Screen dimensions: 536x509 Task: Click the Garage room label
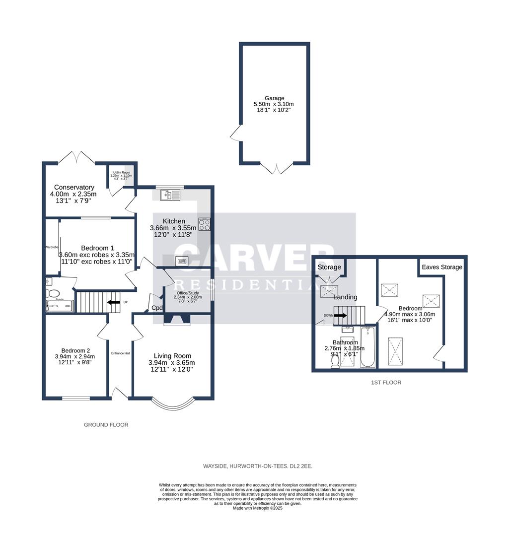click(x=274, y=98)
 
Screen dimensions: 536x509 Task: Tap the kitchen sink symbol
click(x=169, y=195)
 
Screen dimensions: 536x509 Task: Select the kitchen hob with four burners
click(x=205, y=224)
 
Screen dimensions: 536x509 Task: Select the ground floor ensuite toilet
click(x=53, y=293)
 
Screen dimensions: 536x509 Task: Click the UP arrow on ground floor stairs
click(x=114, y=302)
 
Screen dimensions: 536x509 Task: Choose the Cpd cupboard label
click(x=157, y=308)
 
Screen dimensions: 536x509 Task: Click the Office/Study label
click(x=188, y=293)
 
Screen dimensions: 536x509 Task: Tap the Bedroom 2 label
click(x=76, y=349)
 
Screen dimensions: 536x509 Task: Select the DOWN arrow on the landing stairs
click(x=341, y=315)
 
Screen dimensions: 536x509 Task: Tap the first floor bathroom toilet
click(x=335, y=363)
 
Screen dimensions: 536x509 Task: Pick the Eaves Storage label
click(x=442, y=267)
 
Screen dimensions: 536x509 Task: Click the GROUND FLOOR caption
click(x=106, y=425)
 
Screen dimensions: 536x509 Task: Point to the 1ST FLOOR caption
click(x=386, y=383)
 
